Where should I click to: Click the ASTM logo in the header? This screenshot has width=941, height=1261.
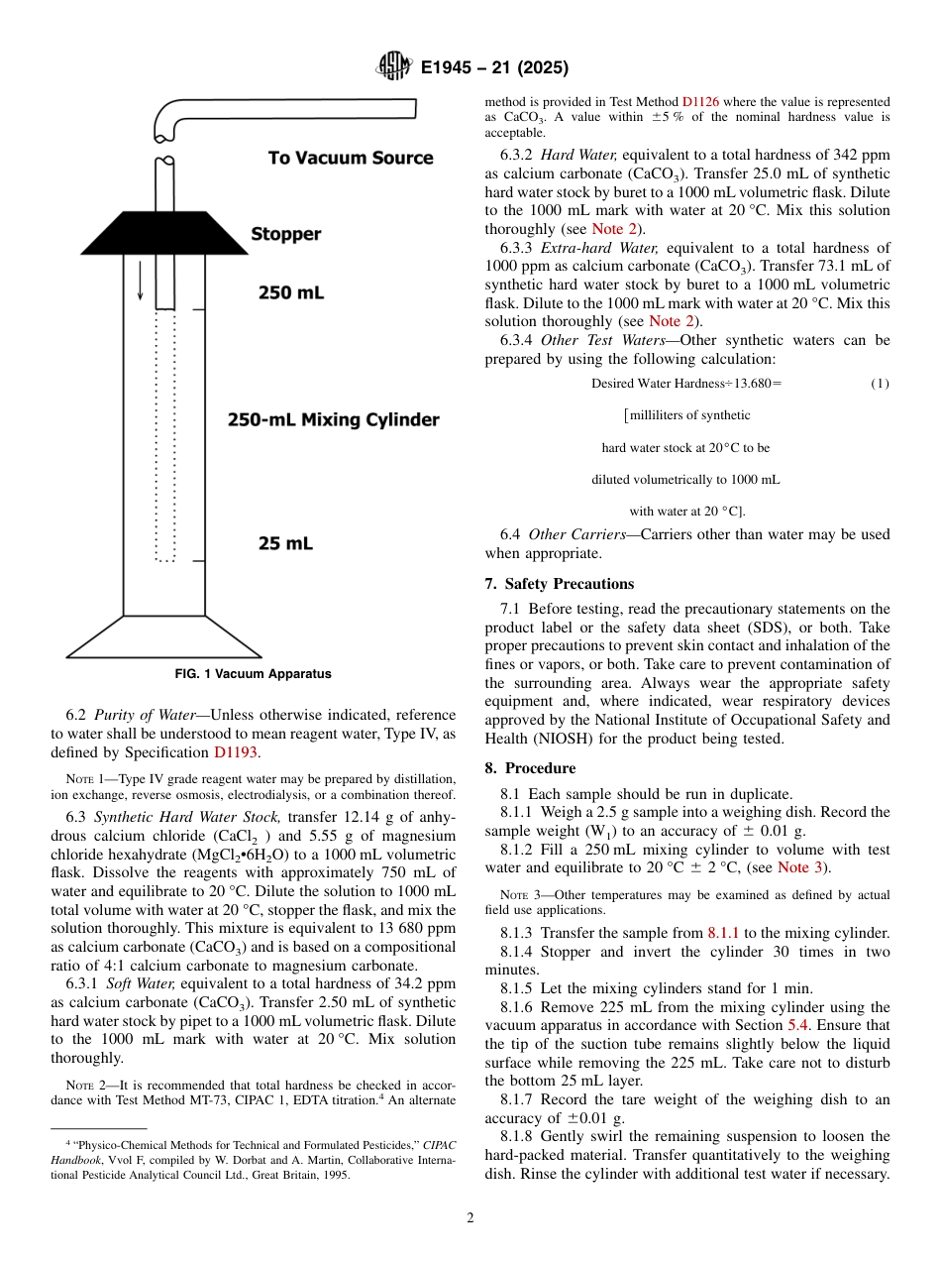[x=393, y=67]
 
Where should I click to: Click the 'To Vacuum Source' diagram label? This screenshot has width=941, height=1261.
[x=351, y=158]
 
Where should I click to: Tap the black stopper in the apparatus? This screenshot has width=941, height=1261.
[x=164, y=233]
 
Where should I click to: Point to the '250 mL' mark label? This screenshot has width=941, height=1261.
[x=290, y=293]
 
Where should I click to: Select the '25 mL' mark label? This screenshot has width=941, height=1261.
[x=285, y=543]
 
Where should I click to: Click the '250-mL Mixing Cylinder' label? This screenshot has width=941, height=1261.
[x=333, y=419]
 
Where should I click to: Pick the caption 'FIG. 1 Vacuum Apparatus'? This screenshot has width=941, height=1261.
[x=253, y=674]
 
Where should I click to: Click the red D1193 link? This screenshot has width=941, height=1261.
[x=235, y=752]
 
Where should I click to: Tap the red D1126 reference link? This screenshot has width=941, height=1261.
[x=700, y=102]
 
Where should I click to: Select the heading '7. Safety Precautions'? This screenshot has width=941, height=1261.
[x=560, y=584]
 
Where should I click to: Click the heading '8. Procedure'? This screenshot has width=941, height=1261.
[x=530, y=768]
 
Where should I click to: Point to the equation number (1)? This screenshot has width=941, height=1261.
[x=879, y=384]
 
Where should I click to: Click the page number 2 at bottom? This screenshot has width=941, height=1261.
[x=470, y=1218]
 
